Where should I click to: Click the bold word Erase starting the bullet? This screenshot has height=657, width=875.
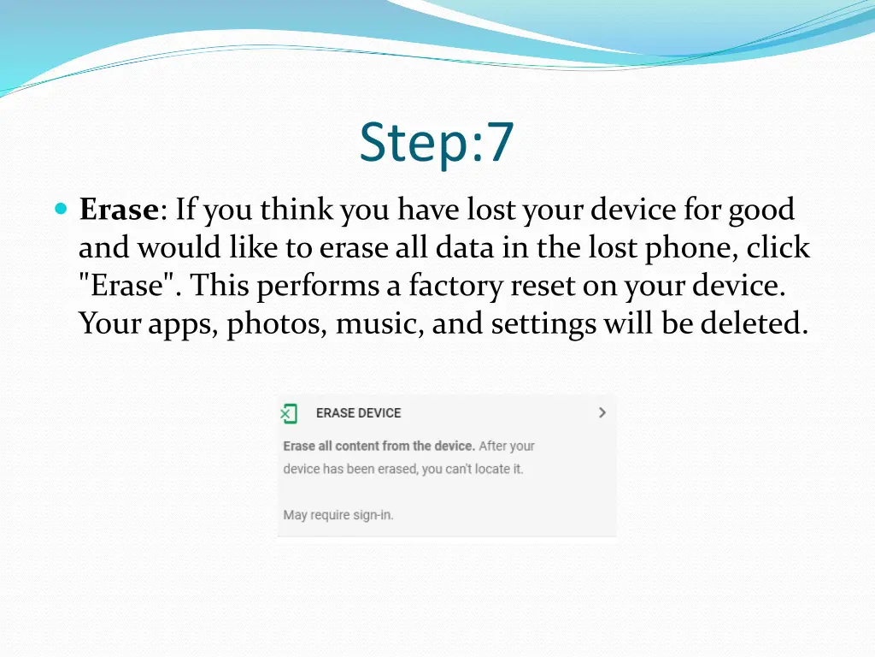pos(119,210)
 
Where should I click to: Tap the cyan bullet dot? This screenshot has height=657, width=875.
pos(60,209)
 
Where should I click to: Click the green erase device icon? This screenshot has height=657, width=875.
pos(289,413)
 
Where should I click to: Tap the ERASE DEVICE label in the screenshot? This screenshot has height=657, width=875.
pos(358,413)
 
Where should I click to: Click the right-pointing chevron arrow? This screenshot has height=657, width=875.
pos(602,412)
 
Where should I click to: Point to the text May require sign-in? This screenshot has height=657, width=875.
pos(338,515)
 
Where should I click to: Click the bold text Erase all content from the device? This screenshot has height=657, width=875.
pos(379,446)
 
